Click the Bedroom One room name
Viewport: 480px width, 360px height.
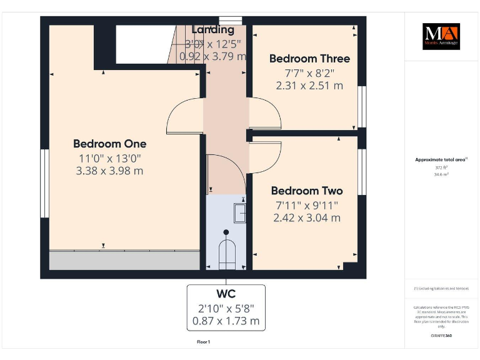(x=109, y=144)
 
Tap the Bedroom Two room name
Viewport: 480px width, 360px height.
(x=306, y=191)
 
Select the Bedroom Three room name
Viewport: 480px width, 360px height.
(x=309, y=58)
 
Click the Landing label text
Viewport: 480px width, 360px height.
(x=213, y=29)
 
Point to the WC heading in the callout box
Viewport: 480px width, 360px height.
(x=226, y=294)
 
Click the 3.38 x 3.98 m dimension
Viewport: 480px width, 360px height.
(x=109, y=171)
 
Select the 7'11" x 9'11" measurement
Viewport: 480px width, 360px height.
(x=306, y=205)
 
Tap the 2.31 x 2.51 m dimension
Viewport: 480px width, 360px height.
(x=309, y=86)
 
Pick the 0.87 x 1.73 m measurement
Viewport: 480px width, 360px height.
(x=226, y=321)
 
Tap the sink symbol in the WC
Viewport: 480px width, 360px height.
(x=240, y=213)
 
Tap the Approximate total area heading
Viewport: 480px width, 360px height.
(x=441, y=159)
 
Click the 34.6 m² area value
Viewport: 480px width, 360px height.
(x=441, y=175)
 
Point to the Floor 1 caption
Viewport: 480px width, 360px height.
(x=204, y=342)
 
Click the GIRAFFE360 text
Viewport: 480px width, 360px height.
(x=441, y=336)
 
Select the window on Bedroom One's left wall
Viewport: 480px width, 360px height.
(x=44, y=183)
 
